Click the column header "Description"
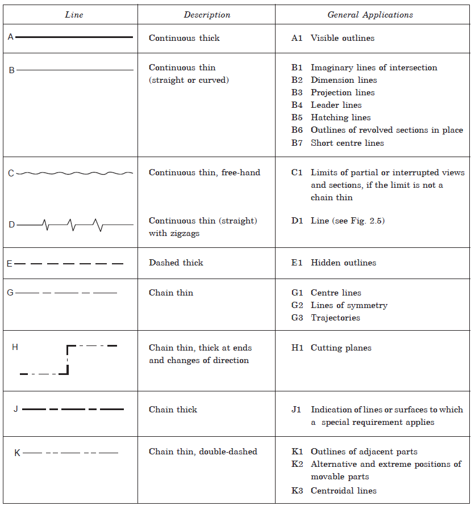pyautogui.click(x=207, y=15)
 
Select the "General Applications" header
pyautogui.click(x=370, y=15)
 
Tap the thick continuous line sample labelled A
pyautogui.click(x=74, y=37)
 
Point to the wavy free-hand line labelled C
pyautogui.click(x=74, y=173)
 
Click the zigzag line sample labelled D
pyautogui.click(x=74, y=225)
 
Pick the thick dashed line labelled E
pyautogui.click(x=69, y=264)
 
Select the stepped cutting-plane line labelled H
pyautogui.click(x=68, y=360)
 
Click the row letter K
pyautogui.click(x=17, y=453)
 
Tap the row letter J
pyautogui.click(x=16, y=409)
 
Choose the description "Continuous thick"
pyautogui.click(x=184, y=39)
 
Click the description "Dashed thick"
pyautogui.click(x=176, y=263)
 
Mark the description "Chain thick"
pyautogui.click(x=173, y=410)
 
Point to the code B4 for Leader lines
pyautogui.click(x=297, y=105)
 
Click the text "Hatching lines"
pyautogui.click(x=340, y=117)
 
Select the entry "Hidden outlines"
pyautogui.click(x=343, y=263)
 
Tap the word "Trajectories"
pyautogui.click(x=335, y=318)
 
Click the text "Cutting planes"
pyautogui.click(x=341, y=348)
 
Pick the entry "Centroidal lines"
pyautogui.click(x=343, y=491)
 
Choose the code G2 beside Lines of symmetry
pyautogui.click(x=297, y=305)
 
